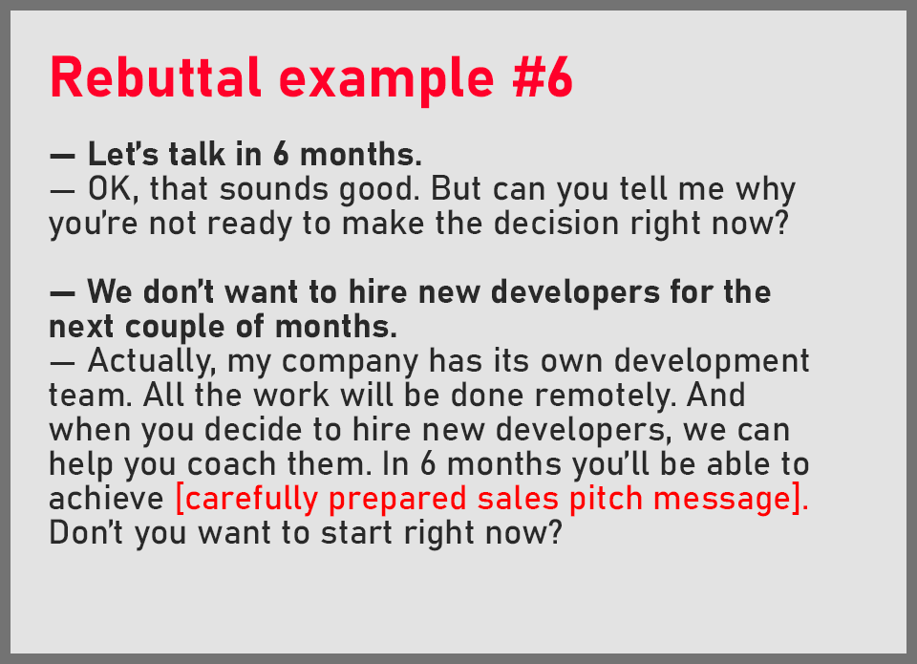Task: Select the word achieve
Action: (x=107, y=500)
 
